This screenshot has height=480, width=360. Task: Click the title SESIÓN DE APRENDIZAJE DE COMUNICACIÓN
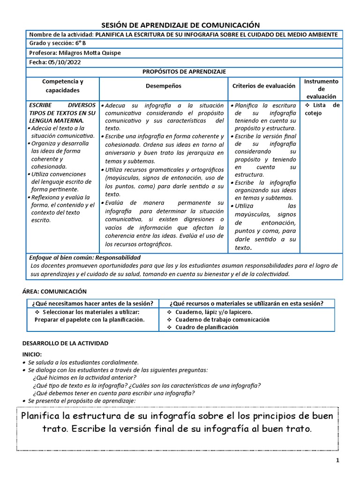tap(180, 25)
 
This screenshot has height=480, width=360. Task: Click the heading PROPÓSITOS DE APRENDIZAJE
tap(184, 71)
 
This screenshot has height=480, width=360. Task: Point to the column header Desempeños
tap(163, 86)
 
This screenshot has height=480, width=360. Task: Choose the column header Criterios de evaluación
tap(264, 86)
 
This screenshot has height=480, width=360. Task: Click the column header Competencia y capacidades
tap(63, 86)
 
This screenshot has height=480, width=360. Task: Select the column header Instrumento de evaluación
tap(321, 89)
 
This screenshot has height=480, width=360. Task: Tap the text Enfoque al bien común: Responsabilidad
tap(85, 258)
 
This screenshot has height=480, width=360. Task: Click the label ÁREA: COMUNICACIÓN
tap(54, 292)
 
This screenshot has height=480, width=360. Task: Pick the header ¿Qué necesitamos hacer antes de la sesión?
tap(92, 303)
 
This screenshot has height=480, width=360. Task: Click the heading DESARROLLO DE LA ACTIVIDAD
tap(65, 343)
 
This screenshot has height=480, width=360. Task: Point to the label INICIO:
tap(32, 354)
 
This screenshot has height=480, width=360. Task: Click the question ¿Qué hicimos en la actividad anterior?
tap(85, 377)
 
